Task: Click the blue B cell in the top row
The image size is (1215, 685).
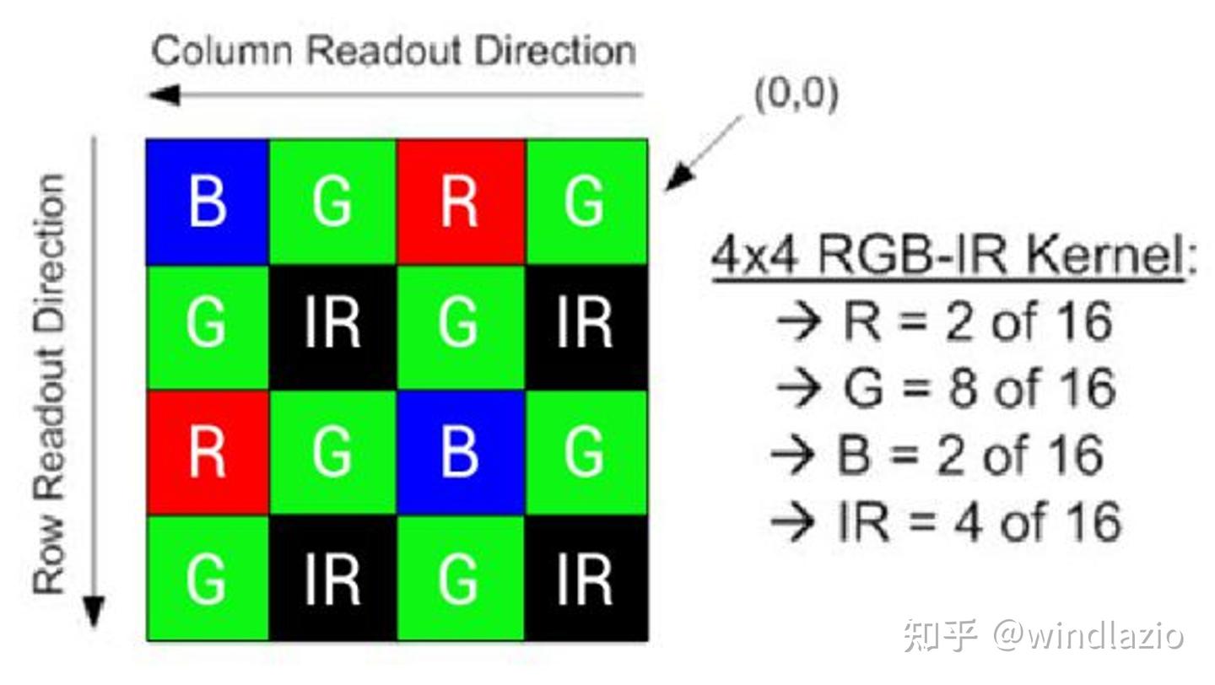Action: (208, 202)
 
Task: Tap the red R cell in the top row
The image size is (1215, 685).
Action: (460, 202)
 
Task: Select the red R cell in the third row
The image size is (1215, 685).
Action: (208, 453)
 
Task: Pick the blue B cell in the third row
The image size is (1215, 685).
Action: (460, 453)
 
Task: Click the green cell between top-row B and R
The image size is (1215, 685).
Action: (332, 202)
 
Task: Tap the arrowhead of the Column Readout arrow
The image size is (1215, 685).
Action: (164, 94)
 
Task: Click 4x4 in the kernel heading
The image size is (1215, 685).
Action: (759, 256)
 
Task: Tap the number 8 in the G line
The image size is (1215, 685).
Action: (962, 388)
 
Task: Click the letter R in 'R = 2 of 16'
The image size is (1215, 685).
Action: (861, 321)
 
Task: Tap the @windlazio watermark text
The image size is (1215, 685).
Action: (1088, 634)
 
